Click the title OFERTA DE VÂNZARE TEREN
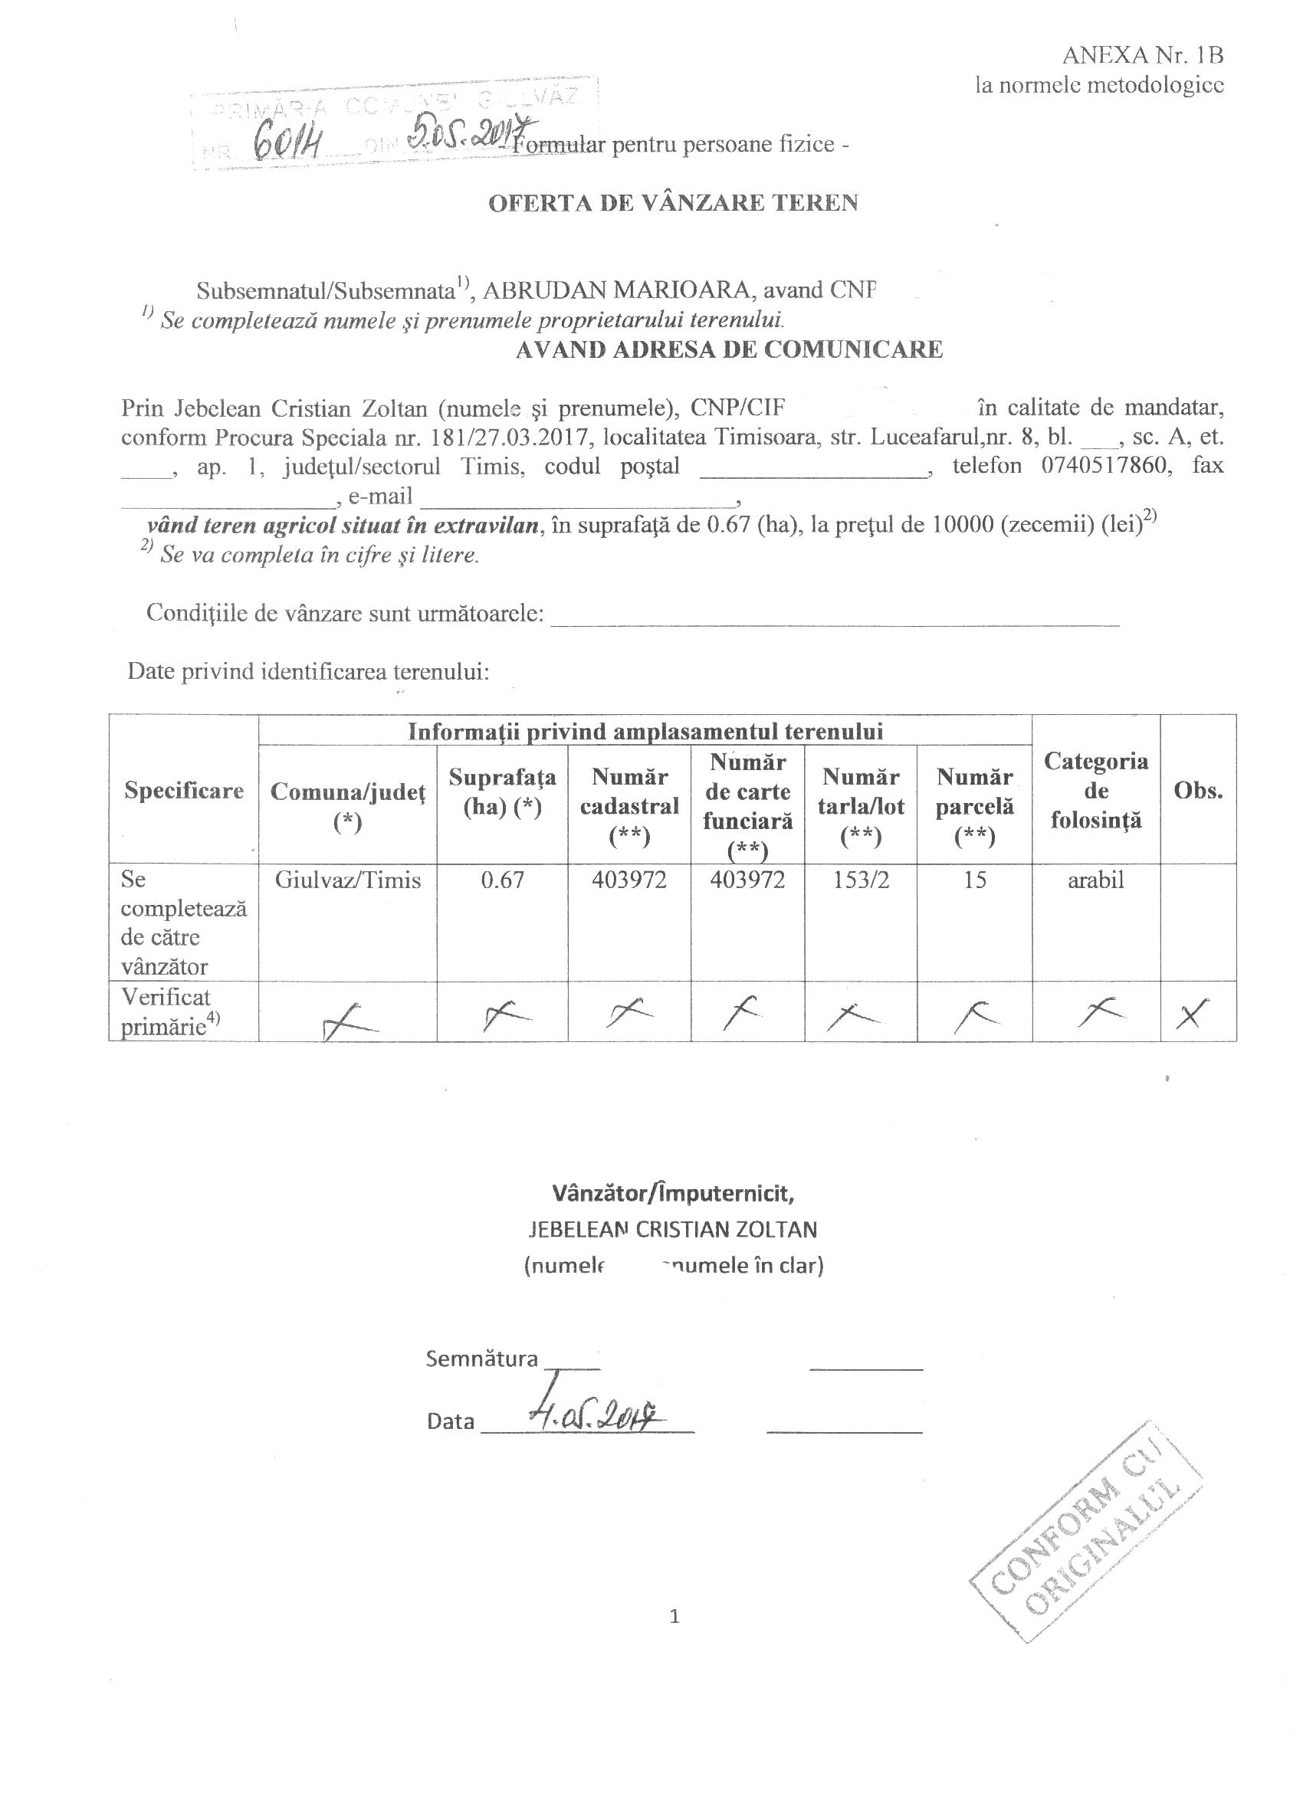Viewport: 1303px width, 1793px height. (x=673, y=203)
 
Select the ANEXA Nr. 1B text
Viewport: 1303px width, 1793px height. (x=1143, y=55)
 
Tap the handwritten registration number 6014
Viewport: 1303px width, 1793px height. (x=286, y=146)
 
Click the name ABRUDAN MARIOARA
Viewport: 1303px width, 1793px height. (x=617, y=290)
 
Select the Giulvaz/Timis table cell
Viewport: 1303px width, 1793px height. (x=348, y=880)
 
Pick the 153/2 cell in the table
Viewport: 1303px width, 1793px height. (x=861, y=880)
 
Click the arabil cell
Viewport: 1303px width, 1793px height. (x=1095, y=880)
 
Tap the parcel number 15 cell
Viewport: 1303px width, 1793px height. (x=974, y=880)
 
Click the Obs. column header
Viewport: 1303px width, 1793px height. (x=1198, y=791)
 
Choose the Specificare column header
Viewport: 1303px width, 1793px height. (x=183, y=791)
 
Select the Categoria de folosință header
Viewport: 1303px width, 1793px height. (x=1095, y=791)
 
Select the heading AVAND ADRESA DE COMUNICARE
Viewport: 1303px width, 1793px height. (x=729, y=349)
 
